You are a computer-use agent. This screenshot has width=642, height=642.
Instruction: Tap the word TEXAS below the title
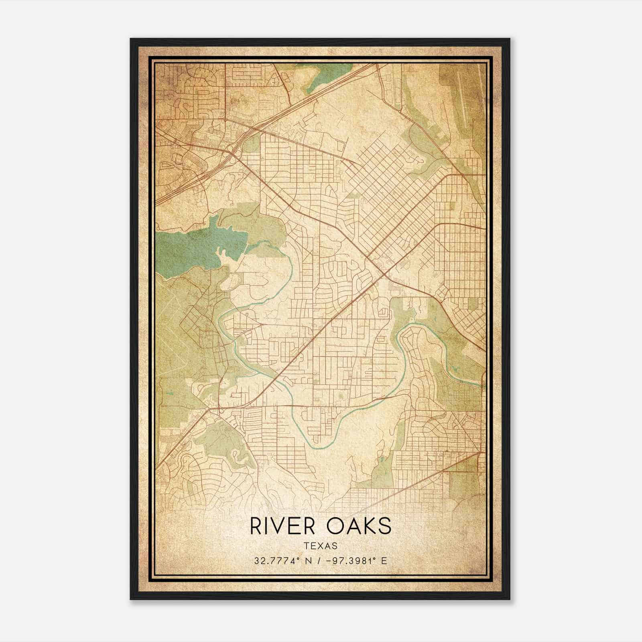pos(320,546)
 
